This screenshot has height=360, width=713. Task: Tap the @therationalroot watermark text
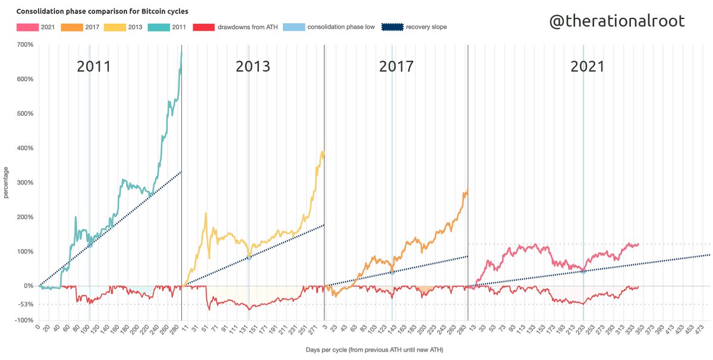pyautogui.click(x=617, y=21)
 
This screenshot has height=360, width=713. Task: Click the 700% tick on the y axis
pyautogui.click(x=24, y=45)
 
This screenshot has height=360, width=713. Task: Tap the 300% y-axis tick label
pyautogui.click(x=24, y=182)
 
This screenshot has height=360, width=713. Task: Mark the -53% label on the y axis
pyautogui.click(x=25, y=304)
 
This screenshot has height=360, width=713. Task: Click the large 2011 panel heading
pyautogui.click(x=94, y=67)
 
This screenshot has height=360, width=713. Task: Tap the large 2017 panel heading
pyautogui.click(x=396, y=67)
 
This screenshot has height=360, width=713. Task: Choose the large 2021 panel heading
pyautogui.click(x=588, y=67)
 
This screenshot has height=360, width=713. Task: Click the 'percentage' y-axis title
pyautogui.click(x=7, y=182)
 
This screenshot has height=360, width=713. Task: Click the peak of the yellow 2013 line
pyautogui.click(x=322, y=151)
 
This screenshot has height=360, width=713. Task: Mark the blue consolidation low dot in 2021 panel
pyautogui.click(x=583, y=271)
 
